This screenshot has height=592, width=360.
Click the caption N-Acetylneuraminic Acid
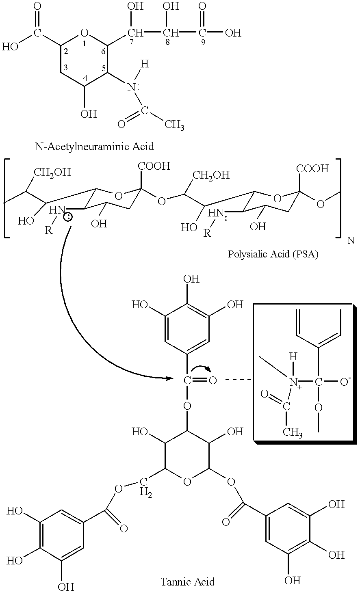(94, 146)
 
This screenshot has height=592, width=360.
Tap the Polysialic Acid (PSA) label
(273, 254)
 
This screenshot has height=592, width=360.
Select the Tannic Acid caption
(188, 582)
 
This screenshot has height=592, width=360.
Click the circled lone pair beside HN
(68, 218)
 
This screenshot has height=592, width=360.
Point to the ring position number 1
(84, 43)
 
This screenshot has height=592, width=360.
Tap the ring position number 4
(85, 78)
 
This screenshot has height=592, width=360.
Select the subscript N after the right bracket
(351, 240)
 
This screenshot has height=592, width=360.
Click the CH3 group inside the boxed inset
(293, 433)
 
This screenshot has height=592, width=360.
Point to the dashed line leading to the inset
(238, 380)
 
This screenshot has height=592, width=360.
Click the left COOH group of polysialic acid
(154, 166)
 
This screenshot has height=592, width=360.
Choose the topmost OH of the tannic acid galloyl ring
(191, 279)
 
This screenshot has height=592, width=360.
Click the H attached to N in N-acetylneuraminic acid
(145, 64)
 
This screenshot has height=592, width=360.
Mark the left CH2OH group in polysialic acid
(52, 173)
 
